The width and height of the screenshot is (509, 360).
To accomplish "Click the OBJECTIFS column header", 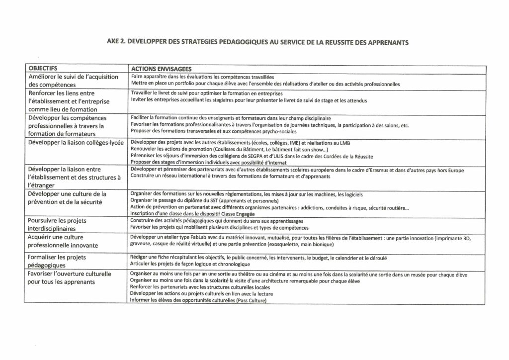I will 43,69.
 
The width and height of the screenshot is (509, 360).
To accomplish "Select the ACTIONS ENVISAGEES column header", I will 161,69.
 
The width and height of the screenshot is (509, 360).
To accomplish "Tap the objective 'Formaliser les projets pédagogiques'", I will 57,261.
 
